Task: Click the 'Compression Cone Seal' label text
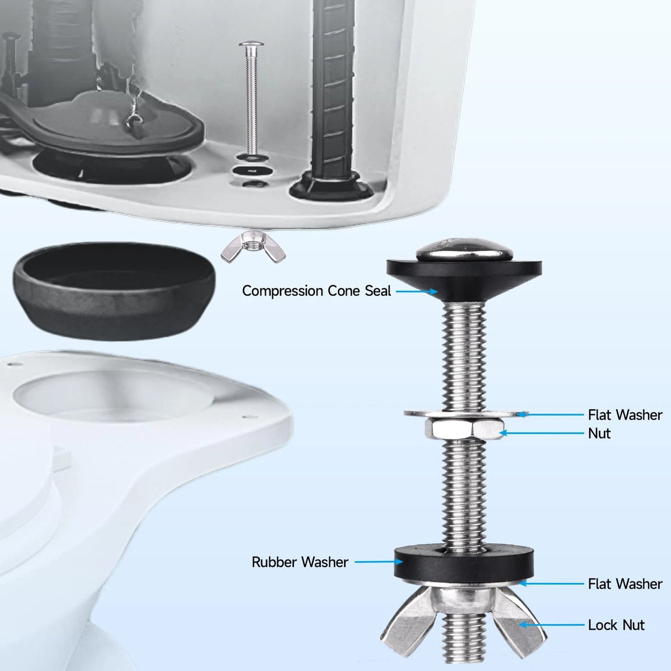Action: [x=316, y=291]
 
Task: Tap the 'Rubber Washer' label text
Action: [x=300, y=562]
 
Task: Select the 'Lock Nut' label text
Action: [x=616, y=625]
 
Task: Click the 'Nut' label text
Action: [x=599, y=433]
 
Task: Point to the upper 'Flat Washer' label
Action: [x=625, y=415]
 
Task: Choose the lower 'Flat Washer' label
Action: [x=625, y=584]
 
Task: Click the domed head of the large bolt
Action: [x=464, y=250]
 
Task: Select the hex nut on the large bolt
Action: [x=464, y=428]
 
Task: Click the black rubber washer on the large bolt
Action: [x=464, y=563]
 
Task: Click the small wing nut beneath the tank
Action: [x=253, y=247]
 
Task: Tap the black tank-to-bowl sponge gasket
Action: [x=114, y=291]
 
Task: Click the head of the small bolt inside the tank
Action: [x=251, y=44]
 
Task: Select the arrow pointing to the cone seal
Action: [x=417, y=291]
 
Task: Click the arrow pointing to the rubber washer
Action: [x=379, y=561]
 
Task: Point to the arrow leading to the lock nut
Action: [x=551, y=625]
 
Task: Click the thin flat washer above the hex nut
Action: [x=464, y=414]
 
